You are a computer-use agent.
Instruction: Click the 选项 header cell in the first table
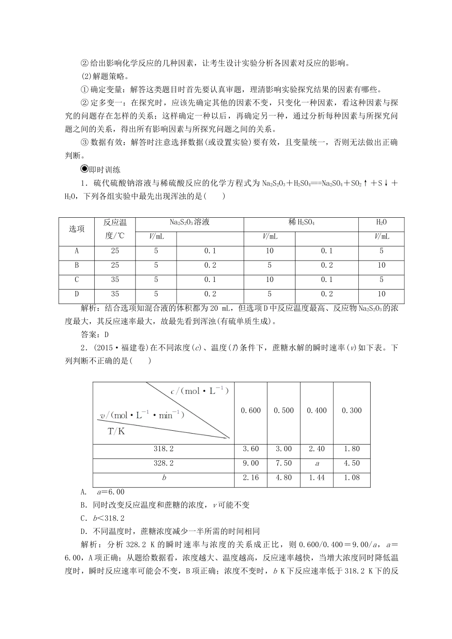pos(77,229)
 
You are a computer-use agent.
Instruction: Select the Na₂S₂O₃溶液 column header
pos(189,222)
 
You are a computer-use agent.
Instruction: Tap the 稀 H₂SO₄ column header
pos(301,222)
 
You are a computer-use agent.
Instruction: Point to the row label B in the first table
pos(77,265)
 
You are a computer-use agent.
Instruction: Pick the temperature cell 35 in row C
pos(115,280)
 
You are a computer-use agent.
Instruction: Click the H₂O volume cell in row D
pos(381,294)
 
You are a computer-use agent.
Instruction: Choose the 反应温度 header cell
pos(115,229)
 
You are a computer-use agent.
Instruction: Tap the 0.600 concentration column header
pos(251,410)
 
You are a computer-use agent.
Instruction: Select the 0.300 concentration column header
pos(352,410)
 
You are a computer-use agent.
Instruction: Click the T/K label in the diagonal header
pos(116,431)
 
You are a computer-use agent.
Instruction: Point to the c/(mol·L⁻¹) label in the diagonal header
pos(200,391)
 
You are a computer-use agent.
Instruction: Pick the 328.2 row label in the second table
pos(164,463)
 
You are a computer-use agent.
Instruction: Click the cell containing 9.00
pos(251,463)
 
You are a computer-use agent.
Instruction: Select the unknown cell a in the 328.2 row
pos(317,463)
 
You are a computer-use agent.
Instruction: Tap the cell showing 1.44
pos(317,477)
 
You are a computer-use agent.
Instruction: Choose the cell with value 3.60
pos(251,449)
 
